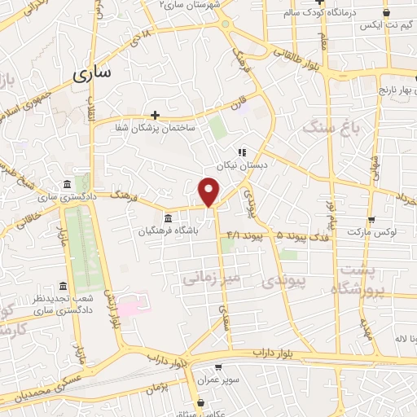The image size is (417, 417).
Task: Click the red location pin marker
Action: click(x=209, y=191)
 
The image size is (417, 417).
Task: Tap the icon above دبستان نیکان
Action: click(x=241, y=151)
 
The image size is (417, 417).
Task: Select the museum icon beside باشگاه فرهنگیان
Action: click(x=168, y=217)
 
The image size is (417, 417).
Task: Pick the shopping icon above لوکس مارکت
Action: click(x=371, y=219)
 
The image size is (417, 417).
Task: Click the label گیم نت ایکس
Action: click(x=373, y=26)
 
